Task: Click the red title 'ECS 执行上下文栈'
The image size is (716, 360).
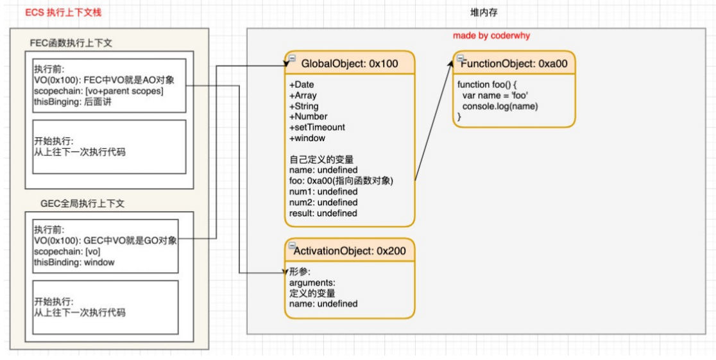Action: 63,12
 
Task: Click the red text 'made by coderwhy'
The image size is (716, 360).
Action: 491,36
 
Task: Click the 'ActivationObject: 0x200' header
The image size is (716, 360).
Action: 350,250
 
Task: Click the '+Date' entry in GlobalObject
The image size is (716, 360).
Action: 302,85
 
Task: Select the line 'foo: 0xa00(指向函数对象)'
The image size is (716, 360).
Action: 341,181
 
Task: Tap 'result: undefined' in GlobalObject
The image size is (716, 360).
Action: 323,213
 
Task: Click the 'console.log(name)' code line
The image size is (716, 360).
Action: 500,107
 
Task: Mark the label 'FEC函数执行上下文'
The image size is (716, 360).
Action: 71,44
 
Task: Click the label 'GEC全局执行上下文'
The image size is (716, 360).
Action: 82,204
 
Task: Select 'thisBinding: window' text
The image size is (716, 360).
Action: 74,262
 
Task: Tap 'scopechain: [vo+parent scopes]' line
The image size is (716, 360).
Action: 99,91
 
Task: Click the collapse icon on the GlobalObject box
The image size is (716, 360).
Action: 293,58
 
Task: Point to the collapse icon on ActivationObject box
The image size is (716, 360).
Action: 293,245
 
